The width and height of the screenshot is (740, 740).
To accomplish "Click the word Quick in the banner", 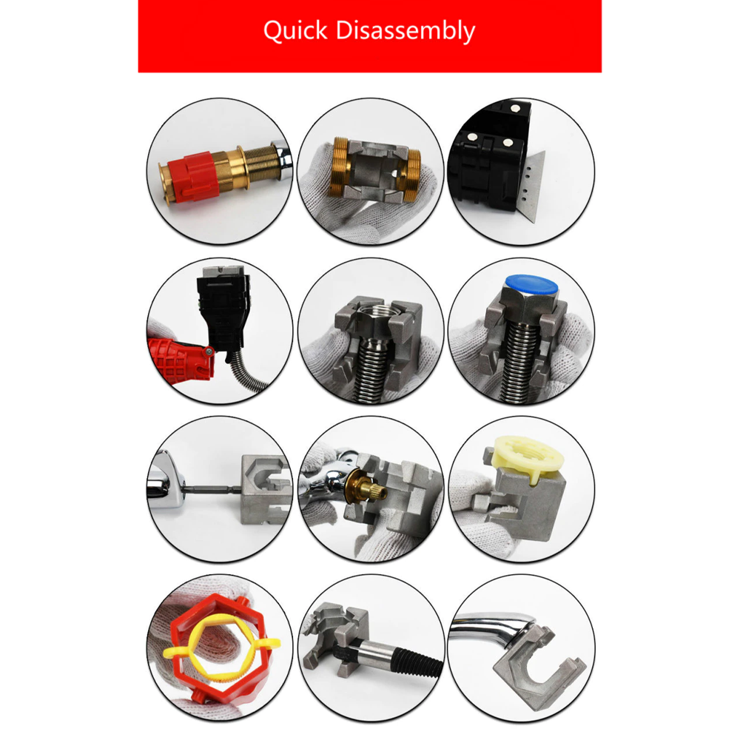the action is [x=295, y=31].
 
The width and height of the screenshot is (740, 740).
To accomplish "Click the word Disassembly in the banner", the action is [x=405, y=31].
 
